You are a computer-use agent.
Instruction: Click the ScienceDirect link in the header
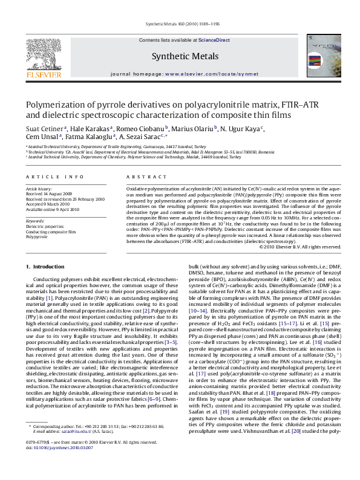click(215, 40)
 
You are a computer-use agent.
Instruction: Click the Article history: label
click(39, 189)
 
